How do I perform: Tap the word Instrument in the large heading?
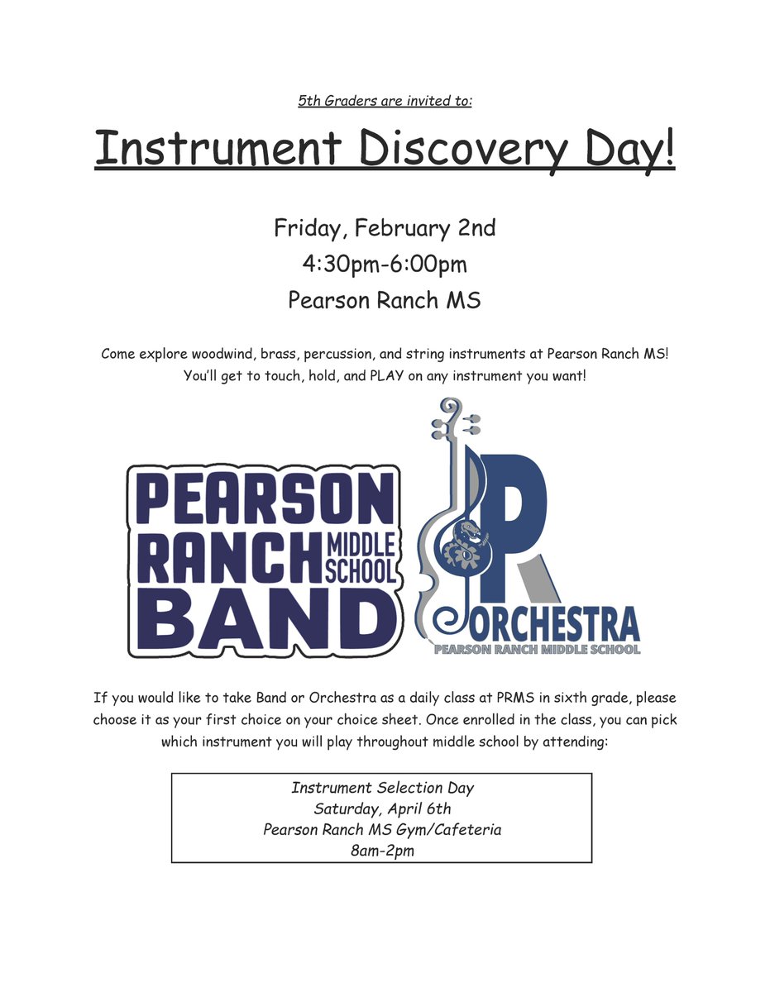(218, 149)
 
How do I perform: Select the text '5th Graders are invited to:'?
(385, 102)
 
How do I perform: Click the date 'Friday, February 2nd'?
(385, 228)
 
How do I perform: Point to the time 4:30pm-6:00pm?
(385, 265)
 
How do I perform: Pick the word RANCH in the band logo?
(225, 559)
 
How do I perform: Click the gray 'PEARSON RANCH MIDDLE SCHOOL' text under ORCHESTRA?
(538, 650)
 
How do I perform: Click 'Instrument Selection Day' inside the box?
(382, 789)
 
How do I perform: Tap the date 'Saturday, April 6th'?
(382, 808)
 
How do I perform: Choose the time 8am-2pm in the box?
(382, 849)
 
